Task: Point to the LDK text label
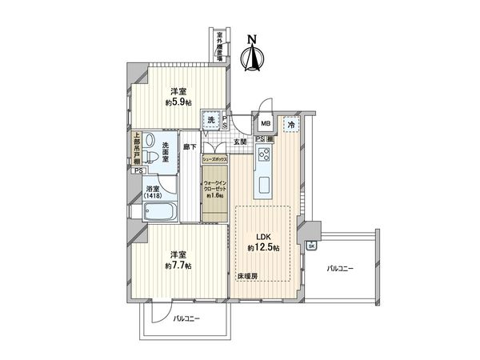262,237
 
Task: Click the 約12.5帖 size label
263,249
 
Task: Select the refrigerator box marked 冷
291,126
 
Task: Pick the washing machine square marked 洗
211,119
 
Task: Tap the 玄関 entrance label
240,142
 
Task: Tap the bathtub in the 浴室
160,213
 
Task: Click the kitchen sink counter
264,170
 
